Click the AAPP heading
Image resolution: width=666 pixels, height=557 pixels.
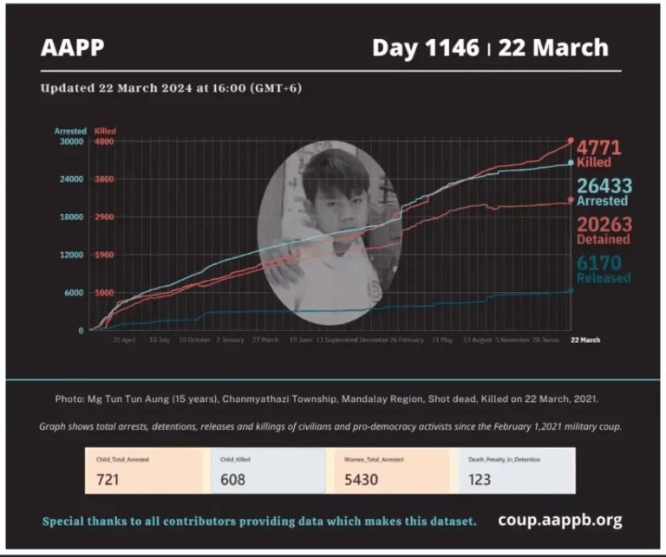tap(72, 48)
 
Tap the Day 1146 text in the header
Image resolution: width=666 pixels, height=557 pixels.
tap(425, 48)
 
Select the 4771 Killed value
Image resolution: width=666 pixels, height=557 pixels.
tap(599, 148)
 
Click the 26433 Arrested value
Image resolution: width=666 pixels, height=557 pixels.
tap(604, 186)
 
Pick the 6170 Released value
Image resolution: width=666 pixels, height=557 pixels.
tap(599, 262)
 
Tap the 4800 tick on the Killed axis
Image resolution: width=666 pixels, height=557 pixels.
tap(104, 142)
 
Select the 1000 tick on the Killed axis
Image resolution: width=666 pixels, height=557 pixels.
tap(104, 293)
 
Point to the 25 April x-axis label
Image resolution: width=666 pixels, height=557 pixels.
tap(124, 340)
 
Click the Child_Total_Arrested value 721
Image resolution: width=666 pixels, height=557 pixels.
tap(108, 479)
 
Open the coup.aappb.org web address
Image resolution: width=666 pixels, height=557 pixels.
tap(559, 521)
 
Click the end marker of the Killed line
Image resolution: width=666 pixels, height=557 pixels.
tap(570, 140)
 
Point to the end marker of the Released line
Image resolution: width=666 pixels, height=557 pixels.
tap(570, 291)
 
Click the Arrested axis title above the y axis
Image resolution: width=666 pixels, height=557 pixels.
tap(70, 132)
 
